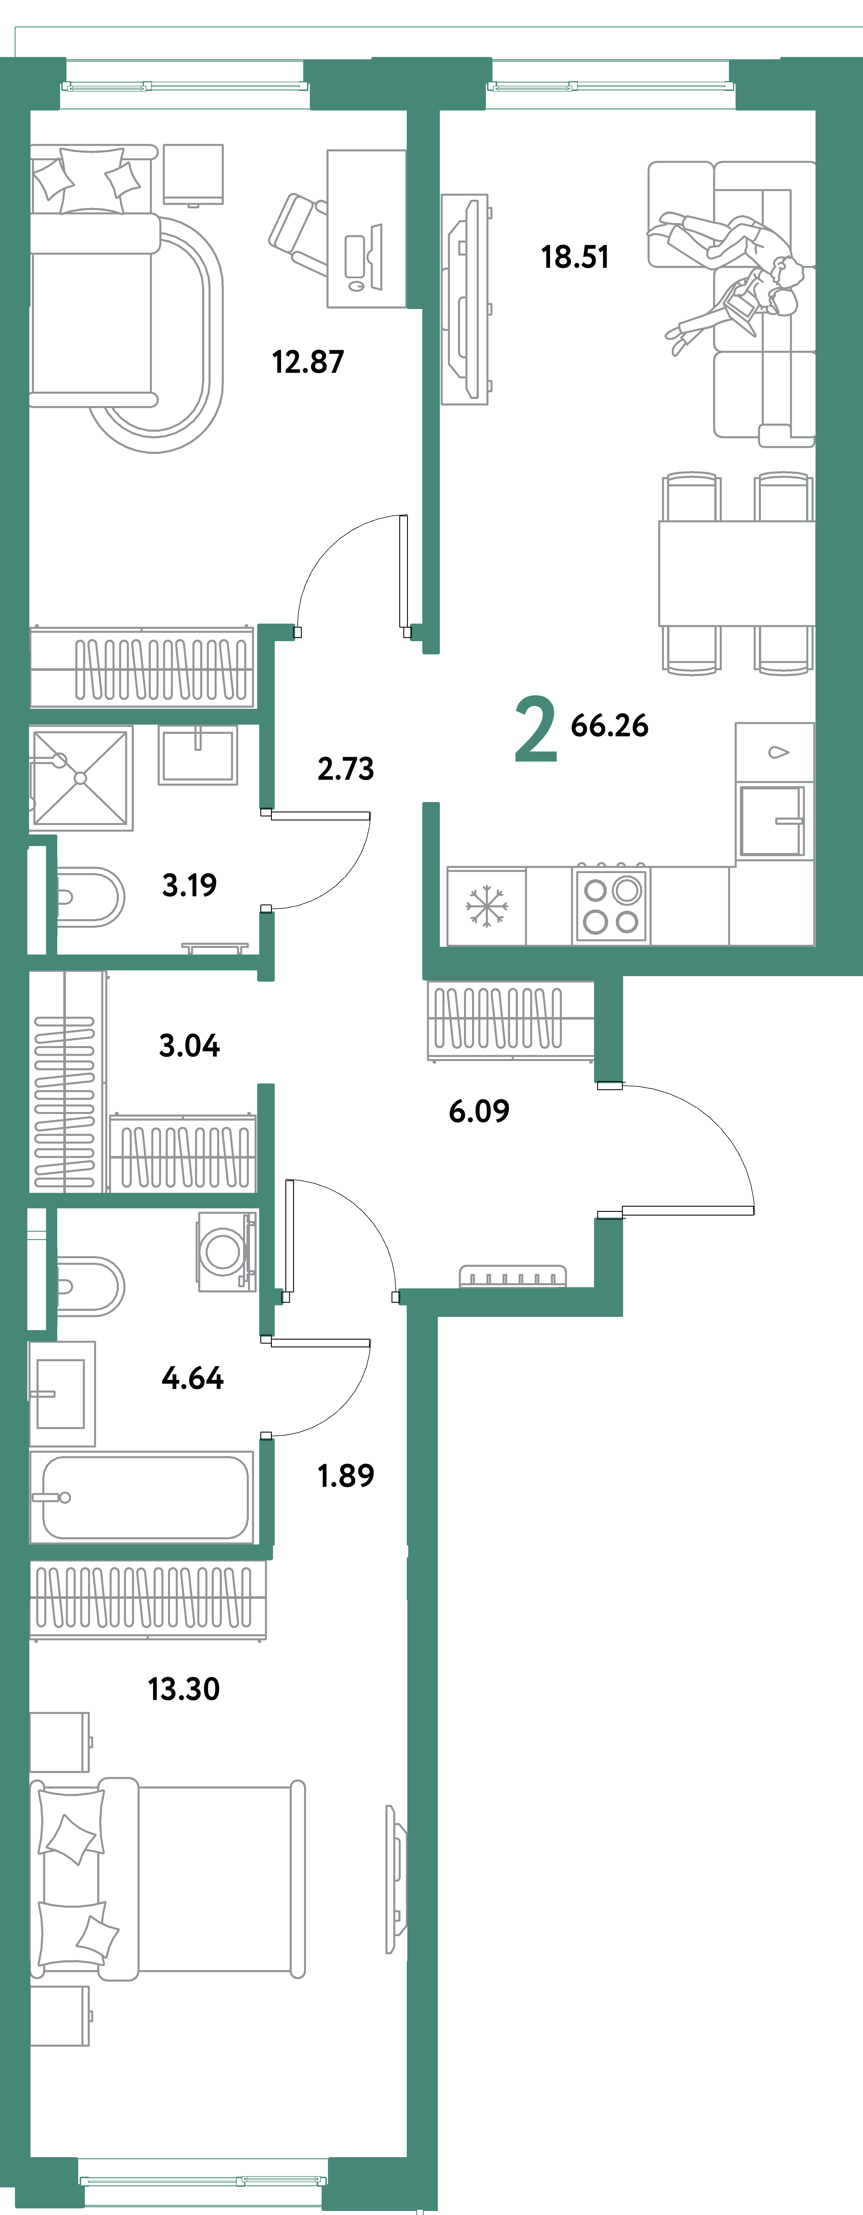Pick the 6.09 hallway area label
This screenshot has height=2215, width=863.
479,1111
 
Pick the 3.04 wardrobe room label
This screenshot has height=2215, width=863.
189,1045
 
